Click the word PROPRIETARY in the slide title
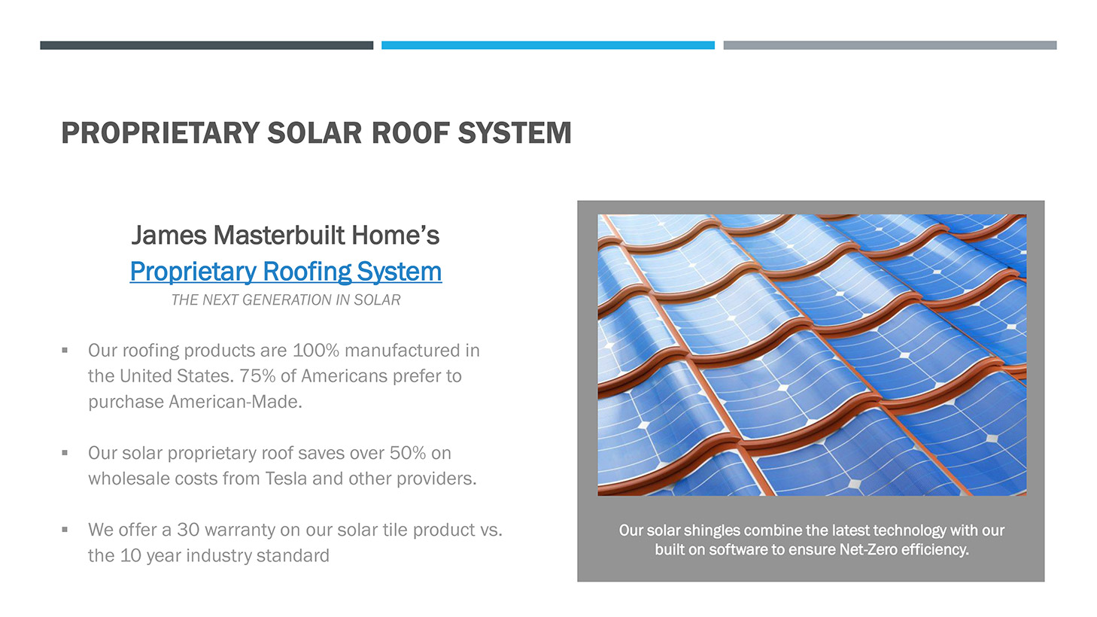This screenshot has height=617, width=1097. [160, 132]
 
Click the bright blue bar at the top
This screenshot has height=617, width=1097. [548, 45]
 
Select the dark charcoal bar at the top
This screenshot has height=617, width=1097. [207, 45]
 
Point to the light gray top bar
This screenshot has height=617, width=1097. [890, 45]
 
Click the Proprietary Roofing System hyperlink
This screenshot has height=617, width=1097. [285, 272]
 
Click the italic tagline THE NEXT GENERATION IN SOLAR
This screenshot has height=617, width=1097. [285, 299]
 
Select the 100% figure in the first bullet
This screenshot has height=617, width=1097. [316, 351]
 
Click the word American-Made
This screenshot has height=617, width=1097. [235, 402]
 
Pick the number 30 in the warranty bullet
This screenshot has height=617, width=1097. [188, 530]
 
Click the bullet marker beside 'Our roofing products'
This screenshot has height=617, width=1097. [65, 350]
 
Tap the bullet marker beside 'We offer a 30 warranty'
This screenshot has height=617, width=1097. [65, 530]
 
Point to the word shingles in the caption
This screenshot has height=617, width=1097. [713, 530]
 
